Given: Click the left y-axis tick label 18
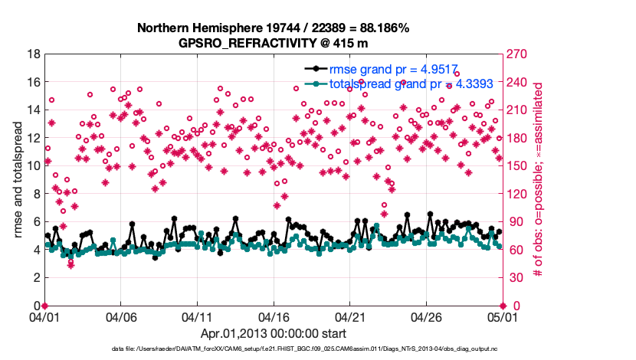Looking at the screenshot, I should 33,54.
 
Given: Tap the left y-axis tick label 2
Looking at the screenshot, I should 36,278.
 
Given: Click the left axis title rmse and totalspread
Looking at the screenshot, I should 18,180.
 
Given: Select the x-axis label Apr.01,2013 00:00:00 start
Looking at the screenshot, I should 273,333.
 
